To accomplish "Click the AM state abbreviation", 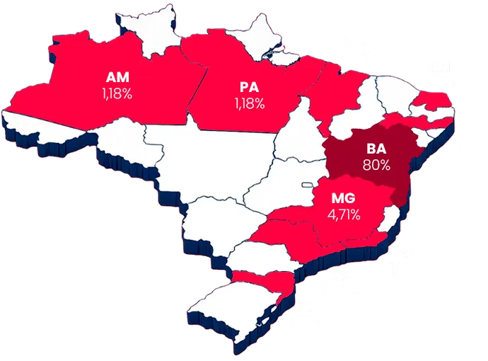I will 117,77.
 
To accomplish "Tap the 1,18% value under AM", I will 117,93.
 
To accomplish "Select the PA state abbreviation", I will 249,88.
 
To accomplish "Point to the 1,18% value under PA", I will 249,104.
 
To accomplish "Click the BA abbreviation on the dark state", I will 376,149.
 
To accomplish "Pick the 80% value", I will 376,166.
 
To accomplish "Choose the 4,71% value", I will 344,214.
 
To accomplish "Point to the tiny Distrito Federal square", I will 308,186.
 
